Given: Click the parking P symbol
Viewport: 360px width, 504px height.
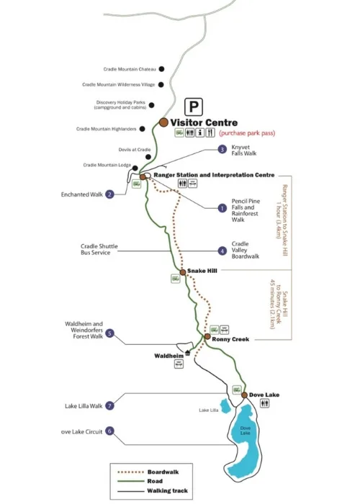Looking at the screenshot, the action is [x=194, y=107].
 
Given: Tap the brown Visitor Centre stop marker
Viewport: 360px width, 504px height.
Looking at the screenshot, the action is [x=163, y=122].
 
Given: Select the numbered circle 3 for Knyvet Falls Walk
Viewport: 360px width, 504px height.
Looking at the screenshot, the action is [x=222, y=150].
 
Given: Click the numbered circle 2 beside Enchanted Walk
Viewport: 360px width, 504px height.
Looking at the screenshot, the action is [x=110, y=194].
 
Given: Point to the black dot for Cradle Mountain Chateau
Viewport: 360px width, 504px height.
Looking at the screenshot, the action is [x=162, y=69].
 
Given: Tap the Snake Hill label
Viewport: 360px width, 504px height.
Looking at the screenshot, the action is [x=202, y=271].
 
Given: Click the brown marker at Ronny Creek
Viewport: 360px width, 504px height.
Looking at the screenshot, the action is [x=207, y=336].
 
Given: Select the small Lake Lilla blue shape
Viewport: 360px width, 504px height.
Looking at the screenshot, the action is [x=225, y=407].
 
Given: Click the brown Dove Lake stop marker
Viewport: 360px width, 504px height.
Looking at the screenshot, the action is [x=244, y=395].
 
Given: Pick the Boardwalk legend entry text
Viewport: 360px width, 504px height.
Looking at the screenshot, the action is [x=163, y=472].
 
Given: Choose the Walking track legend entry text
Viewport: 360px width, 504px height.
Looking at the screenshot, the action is [x=168, y=490].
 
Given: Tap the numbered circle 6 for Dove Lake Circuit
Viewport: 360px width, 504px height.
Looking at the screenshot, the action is [x=109, y=431].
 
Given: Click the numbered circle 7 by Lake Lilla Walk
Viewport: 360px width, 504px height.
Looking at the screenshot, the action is [x=109, y=405].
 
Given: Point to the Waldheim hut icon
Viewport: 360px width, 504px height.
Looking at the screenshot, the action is [x=187, y=354].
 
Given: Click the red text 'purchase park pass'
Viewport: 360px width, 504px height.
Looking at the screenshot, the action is [x=247, y=133].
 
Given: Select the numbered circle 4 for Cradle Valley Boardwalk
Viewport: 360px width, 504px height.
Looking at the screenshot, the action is [x=222, y=251].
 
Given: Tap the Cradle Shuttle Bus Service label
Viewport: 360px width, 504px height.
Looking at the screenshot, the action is [x=99, y=249].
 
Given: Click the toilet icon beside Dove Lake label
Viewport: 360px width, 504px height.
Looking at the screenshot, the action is [x=264, y=403].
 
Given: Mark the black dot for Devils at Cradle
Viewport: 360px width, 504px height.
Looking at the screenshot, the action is [x=148, y=157].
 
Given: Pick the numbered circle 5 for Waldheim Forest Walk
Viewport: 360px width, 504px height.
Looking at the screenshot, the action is [x=109, y=333].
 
